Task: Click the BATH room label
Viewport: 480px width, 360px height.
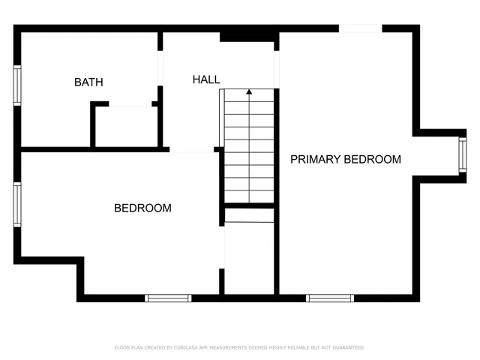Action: (88, 82)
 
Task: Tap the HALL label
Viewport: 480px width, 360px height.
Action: (206, 79)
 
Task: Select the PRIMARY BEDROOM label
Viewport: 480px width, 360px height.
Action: (346, 160)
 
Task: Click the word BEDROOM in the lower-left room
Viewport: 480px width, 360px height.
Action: (142, 208)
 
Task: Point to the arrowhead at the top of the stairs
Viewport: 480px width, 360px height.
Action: (249, 93)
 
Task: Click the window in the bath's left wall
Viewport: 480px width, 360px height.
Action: (16, 85)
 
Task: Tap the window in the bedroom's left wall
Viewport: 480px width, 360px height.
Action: (16, 205)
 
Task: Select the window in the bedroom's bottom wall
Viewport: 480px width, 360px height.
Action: (168, 298)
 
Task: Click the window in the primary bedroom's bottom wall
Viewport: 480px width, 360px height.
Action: (330, 298)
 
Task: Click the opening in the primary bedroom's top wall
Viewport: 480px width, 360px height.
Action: (361, 28)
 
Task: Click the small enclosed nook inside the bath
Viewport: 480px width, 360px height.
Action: (125, 127)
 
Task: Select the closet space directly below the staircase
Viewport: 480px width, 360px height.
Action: (250, 255)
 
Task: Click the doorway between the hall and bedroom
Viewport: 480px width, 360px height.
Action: (193, 150)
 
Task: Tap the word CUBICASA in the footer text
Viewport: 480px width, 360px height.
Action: (183, 348)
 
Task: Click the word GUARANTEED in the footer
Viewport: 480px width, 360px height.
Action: (347, 348)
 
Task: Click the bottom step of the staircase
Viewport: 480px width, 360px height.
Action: (250, 196)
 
